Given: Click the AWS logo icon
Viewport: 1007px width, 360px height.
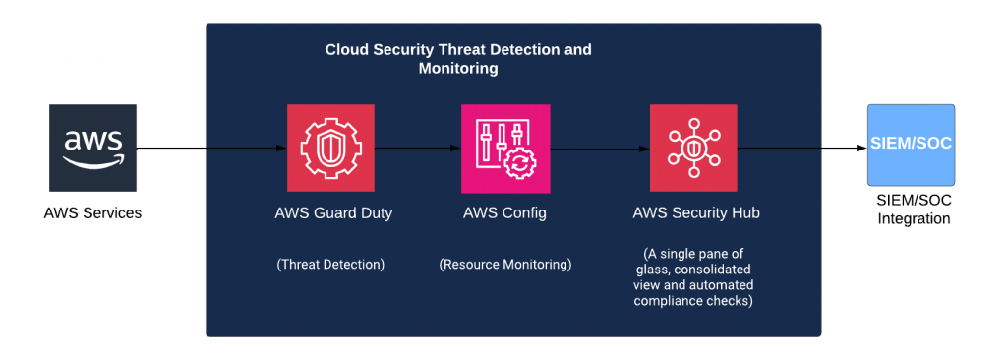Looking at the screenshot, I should click(92, 148).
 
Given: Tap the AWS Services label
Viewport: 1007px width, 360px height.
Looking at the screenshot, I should click(92, 212).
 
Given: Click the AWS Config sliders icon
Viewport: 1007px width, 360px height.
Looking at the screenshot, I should click(504, 149).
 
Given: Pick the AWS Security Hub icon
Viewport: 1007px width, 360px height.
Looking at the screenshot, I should click(693, 149).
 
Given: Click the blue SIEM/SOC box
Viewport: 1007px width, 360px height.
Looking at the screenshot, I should click(909, 146).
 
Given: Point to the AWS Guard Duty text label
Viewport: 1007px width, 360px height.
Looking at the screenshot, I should click(333, 212).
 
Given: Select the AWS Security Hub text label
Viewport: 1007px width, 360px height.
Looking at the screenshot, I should click(695, 212).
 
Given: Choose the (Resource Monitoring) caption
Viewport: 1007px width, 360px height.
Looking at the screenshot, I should click(505, 264).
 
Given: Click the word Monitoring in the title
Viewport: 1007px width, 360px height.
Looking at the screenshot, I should click(458, 69).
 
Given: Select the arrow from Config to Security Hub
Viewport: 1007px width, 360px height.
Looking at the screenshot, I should click(599, 149).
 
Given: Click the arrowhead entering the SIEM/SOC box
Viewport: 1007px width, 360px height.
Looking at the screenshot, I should click(860, 149).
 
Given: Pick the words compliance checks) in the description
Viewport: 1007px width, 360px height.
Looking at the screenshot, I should click(695, 300).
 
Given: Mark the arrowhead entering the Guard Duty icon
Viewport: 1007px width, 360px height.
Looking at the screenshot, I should click(280, 149).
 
